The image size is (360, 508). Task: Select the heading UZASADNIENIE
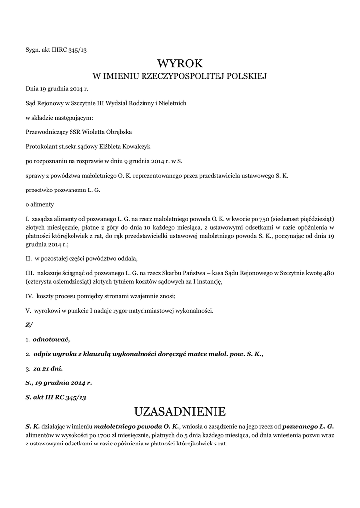[x=180, y=411]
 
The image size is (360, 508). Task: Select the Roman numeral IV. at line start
[x=29, y=296]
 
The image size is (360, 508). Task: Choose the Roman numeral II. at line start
[x=29, y=259]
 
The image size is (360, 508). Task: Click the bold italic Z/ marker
[x=29, y=325]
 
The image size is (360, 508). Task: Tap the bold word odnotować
[x=52, y=339]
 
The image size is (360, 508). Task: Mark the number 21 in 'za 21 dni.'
[x=46, y=369]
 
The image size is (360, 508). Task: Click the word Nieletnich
[x=171, y=103]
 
